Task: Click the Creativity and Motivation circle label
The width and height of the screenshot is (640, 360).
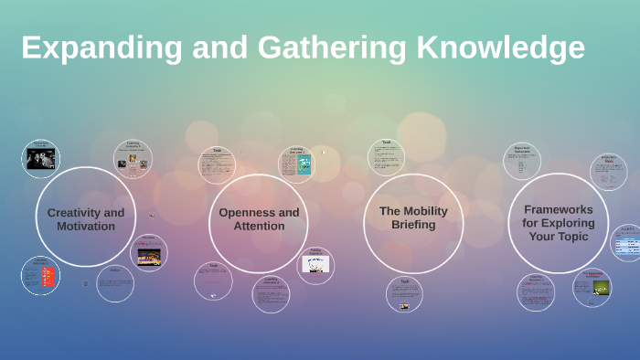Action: pos(86,219)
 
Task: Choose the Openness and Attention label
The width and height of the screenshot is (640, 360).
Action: pos(259,219)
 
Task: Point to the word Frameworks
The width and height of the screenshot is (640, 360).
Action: pos(559,209)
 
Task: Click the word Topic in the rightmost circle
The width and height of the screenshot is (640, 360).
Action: pos(570,237)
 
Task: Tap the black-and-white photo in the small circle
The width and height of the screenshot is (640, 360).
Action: pos(40,159)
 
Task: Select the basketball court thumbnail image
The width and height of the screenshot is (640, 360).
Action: pos(148,257)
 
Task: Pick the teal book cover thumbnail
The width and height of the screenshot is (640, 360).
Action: pos(304,165)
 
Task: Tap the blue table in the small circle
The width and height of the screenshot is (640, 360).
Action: pos(626,245)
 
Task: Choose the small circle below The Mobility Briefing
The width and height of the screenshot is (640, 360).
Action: pos(404,293)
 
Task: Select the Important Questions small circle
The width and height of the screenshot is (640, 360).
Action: pos(523,163)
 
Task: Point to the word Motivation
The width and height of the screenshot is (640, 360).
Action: pos(86,226)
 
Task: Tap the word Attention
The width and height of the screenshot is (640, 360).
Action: pos(259,226)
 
